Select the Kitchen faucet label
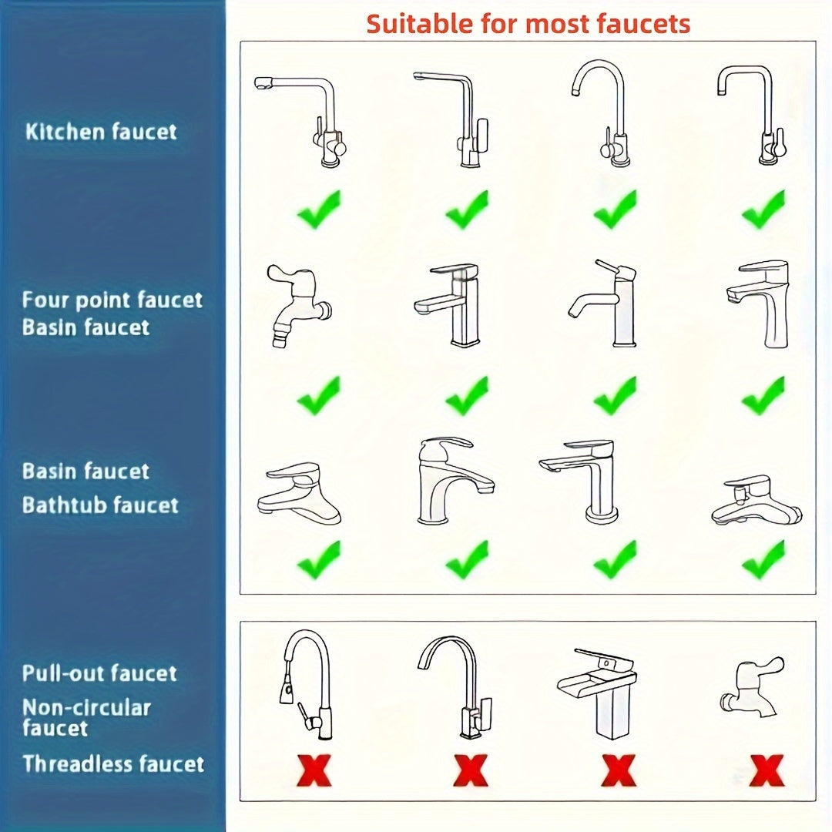pyautogui.click(x=101, y=131)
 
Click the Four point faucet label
pyautogui.click(x=112, y=300)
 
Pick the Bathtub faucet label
pyautogui.click(x=100, y=505)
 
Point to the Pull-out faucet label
pyautogui.click(x=99, y=673)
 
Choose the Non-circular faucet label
pyautogui.click(x=86, y=717)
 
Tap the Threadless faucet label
pyautogui.click(x=113, y=764)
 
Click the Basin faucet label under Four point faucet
pyautogui.click(x=86, y=327)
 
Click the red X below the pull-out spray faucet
pyautogui.click(x=314, y=770)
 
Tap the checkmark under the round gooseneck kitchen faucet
pyautogui.click(x=615, y=210)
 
